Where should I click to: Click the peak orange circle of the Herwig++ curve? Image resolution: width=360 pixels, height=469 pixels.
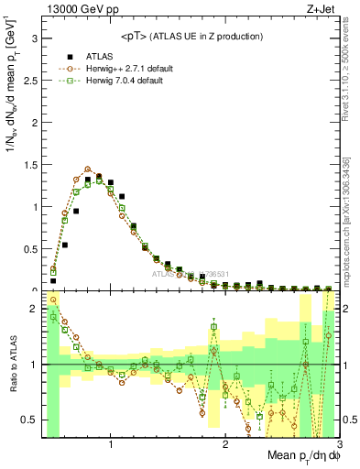[x=88, y=169]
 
